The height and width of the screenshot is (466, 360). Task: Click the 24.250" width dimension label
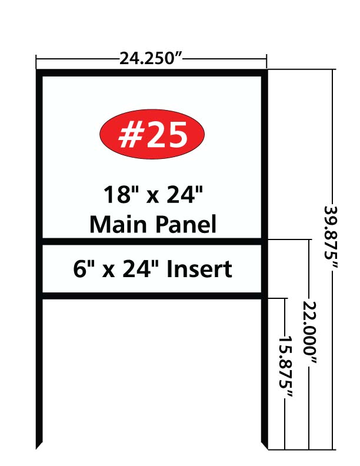[x=151, y=59]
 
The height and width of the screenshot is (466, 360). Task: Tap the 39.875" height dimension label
[x=331, y=237]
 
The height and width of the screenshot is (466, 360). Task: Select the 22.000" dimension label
[x=309, y=332]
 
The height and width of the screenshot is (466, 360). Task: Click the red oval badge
[x=152, y=134]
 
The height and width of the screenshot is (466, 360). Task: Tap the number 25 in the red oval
[x=167, y=135]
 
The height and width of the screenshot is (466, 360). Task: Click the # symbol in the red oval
[x=131, y=135]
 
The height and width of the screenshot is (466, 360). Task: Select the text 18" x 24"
[x=153, y=194]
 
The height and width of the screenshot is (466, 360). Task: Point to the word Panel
[x=186, y=224]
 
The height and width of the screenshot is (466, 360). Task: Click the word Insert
[x=199, y=269]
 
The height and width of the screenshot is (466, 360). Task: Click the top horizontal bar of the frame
[x=152, y=73]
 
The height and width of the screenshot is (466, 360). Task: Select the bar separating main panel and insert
[x=152, y=241]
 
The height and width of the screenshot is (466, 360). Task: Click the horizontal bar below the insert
[x=152, y=296]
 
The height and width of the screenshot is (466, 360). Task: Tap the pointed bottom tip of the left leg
[x=36, y=449]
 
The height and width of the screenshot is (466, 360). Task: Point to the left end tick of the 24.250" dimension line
[x=36, y=61]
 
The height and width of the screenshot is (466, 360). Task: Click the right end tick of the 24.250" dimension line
[x=266, y=61]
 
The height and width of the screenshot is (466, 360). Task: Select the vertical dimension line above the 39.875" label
[x=332, y=137]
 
